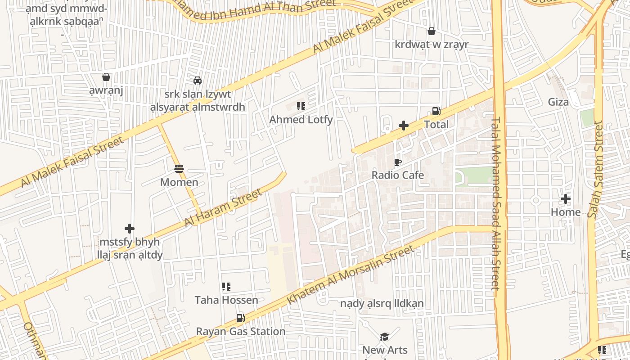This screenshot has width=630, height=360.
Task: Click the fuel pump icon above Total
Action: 436,111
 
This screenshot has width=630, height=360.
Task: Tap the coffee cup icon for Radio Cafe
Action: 397,162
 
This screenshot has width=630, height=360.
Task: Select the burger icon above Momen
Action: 179,169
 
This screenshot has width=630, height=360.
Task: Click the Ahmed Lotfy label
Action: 301,120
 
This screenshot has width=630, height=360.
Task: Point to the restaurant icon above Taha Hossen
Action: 226,287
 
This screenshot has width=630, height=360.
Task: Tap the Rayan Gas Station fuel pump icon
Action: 241,318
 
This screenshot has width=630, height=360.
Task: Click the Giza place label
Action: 558,102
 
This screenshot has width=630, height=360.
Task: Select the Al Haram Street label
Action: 223,208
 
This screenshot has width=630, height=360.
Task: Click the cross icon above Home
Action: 566,198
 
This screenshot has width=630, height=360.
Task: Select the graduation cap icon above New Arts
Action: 384,337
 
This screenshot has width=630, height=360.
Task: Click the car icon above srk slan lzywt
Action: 197,81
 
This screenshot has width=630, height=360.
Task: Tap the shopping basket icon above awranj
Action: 106,77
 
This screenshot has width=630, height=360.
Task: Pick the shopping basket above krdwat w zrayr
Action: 431,31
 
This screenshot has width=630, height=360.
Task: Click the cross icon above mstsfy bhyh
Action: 130,229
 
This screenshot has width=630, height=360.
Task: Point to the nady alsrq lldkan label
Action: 382,303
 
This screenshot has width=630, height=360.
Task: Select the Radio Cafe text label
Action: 397,175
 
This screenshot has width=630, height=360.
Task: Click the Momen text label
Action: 179,182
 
